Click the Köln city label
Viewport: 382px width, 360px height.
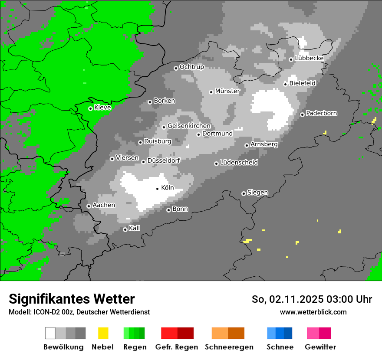tap(167, 188)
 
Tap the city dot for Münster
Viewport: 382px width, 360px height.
tap(211, 92)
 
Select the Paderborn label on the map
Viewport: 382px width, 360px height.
tap(321, 114)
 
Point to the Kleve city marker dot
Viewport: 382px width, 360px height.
tap(90, 108)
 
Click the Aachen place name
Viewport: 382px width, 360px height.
tap(104, 205)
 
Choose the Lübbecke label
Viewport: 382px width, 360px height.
tap(309, 59)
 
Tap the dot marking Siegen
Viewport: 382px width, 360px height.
tap(244, 193)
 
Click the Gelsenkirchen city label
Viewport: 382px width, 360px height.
tap(189, 126)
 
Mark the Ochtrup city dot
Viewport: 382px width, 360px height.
tap(176, 68)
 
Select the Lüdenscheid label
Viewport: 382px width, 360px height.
tap(239, 163)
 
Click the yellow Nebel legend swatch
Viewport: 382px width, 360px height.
tap(103, 333)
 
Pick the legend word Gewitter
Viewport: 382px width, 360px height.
tap(320, 347)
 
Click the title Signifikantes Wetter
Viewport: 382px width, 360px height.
tap(72, 299)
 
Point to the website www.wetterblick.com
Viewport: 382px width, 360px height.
tap(313, 312)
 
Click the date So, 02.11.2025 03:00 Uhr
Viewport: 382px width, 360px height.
tap(312, 299)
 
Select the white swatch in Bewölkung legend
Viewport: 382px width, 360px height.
tap(50, 333)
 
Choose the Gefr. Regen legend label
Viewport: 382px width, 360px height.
tap(176, 347)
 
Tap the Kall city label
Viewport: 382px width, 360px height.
tap(134, 228)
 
